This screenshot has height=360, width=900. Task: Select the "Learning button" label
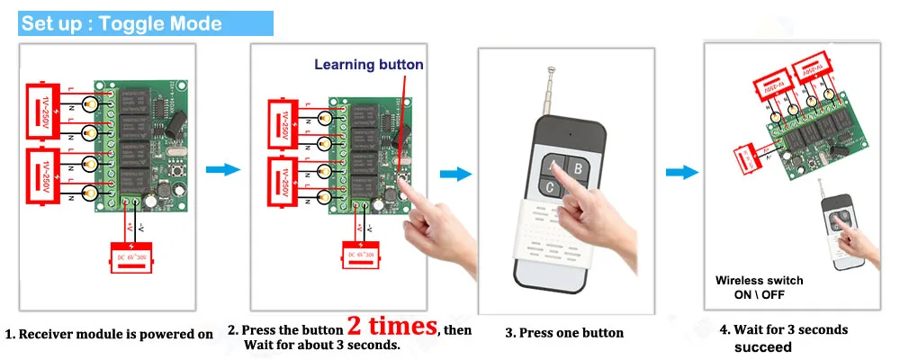[368, 65]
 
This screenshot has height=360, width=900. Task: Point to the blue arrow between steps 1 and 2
[222, 169]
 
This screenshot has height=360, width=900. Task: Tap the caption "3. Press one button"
[564, 333]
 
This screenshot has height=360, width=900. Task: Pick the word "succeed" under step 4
[762, 347]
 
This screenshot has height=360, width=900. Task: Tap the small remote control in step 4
[838, 228]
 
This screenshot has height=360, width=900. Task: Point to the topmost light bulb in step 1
[93, 105]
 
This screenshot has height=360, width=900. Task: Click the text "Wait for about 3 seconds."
[322, 345]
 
